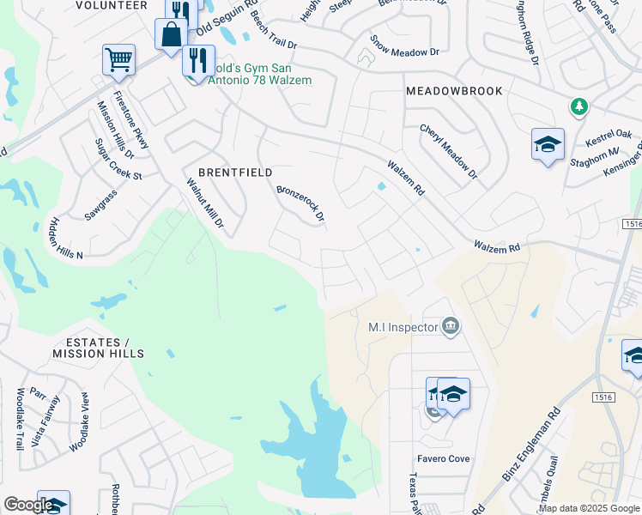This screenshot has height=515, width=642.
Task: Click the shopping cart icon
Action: coord(118,60)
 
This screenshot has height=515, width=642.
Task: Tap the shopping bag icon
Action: coord(171,35)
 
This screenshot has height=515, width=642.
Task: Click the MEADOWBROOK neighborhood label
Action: coord(454,91)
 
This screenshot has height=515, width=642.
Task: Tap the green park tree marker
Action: coord(580,106)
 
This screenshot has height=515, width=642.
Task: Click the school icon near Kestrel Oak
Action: coord(548,144)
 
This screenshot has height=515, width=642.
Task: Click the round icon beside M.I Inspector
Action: coord(451,326)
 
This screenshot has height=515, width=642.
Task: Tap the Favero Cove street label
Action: coord(444,459)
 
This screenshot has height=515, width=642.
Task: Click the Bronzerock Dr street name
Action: coord(300,203)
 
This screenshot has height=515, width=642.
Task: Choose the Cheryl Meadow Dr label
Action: coord(448,151)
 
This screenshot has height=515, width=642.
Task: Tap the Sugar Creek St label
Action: coord(118,159)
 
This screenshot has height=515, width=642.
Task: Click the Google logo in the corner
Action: coord(27,505)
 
